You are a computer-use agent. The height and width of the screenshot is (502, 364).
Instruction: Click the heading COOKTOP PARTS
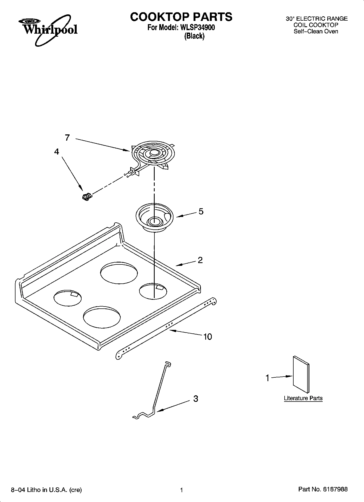[181, 17]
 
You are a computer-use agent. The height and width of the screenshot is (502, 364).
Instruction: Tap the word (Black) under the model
[194, 36]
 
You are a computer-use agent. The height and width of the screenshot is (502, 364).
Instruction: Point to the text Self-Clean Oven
[316, 31]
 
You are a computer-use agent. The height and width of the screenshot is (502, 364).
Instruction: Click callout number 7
[67, 138]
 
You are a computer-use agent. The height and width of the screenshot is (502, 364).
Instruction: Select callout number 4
[57, 151]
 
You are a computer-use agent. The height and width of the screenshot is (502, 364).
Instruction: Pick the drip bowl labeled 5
[154, 217]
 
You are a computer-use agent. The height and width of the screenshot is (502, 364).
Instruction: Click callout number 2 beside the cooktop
[200, 260]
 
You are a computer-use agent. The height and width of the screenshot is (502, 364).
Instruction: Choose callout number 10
[207, 337]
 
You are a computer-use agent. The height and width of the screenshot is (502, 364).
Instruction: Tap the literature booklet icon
[301, 374]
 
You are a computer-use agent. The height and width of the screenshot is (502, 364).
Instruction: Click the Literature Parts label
[303, 398]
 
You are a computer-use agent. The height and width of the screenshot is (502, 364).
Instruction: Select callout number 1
[267, 378]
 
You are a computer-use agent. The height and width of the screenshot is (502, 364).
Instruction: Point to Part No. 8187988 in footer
[323, 490]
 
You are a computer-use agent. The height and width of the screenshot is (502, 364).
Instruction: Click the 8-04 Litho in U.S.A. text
[46, 490]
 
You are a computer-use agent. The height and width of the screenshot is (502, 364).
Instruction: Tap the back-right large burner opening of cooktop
[119, 273]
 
